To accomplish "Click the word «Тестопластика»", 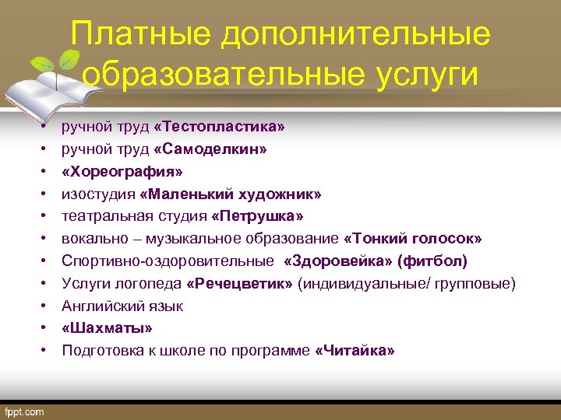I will tap(220, 125).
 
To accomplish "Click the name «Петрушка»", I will tap(261, 215).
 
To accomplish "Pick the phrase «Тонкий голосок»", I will tap(412, 238).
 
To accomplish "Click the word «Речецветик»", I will tap(241, 283).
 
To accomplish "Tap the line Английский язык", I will tap(122, 306).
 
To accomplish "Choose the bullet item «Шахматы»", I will tap(107, 328).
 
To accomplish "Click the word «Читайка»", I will tap(355, 351).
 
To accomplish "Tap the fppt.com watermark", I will tap(26, 411).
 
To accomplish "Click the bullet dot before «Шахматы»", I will tap(46, 328).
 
